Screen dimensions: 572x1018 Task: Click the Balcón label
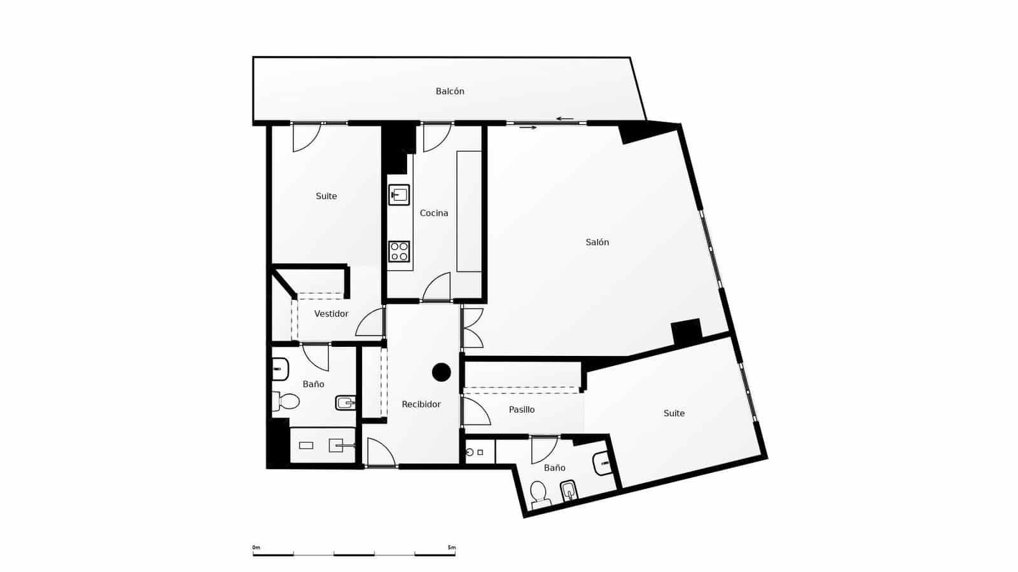(x=450, y=92)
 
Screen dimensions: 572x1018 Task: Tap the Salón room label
(x=597, y=242)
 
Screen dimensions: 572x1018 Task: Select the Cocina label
(x=434, y=214)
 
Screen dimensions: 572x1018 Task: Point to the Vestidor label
(x=331, y=314)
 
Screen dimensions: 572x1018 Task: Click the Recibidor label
(x=421, y=404)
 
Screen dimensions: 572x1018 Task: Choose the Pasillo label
(x=522, y=410)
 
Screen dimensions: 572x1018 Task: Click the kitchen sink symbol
(x=399, y=194)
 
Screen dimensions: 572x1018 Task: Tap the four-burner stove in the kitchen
(x=399, y=251)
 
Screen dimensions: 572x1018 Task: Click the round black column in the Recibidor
(x=442, y=372)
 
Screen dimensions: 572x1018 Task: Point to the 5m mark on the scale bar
(x=452, y=547)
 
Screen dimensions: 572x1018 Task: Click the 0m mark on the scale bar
(x=256, y=547)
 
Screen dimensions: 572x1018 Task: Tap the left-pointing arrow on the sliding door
(x=564, y=119)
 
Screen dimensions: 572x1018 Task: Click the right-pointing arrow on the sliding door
(x=528, y=128)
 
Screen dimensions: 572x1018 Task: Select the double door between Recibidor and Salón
(x=472, y=328)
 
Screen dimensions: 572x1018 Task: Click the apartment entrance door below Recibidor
(x=380, y=453)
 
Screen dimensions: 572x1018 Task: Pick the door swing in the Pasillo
(x=476, y=411)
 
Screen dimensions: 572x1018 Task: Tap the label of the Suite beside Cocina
(x=326, y=196)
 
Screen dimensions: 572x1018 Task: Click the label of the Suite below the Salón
(x=674, y=414)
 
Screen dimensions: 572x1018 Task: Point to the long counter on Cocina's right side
(x=469, y=211)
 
